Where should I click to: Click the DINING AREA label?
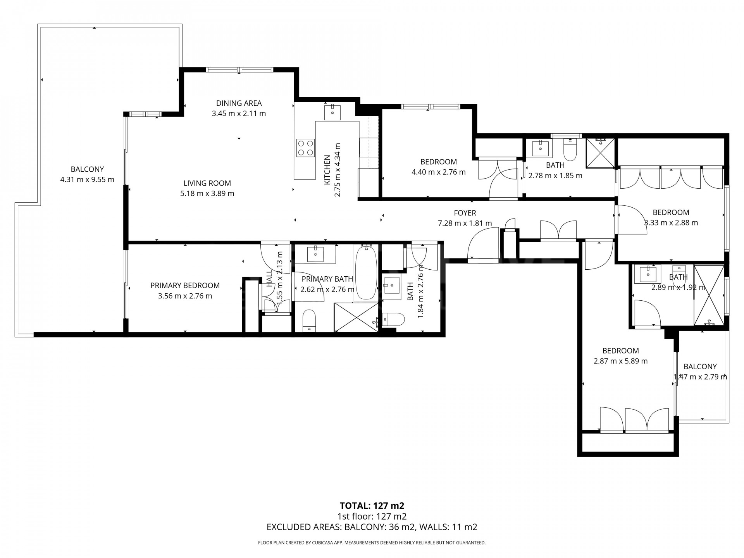coord(239,103)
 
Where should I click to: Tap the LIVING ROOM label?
coord(207,183)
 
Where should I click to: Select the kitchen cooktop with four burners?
coord(305,148)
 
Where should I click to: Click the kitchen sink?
coord(332,112)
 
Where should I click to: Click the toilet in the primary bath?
coord(309,320)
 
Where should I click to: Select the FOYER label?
coord(465,213)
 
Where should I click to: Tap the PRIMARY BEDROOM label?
coord(185,286)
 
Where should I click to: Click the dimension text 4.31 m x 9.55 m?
coord(87,180)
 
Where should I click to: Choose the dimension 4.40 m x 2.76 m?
coord(439,172)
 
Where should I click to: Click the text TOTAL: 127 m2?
coord(372,505)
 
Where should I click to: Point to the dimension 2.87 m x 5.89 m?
coord(621,361)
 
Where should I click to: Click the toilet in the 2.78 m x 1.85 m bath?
coord(570,150)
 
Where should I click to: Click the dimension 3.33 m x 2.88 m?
coord(671,223)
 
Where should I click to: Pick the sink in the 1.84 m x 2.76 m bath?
coord(391,286)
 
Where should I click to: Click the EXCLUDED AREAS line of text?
coord(372,527)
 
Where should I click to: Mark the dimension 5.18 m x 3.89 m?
coord(207,193)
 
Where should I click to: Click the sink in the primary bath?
coord(315,254)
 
